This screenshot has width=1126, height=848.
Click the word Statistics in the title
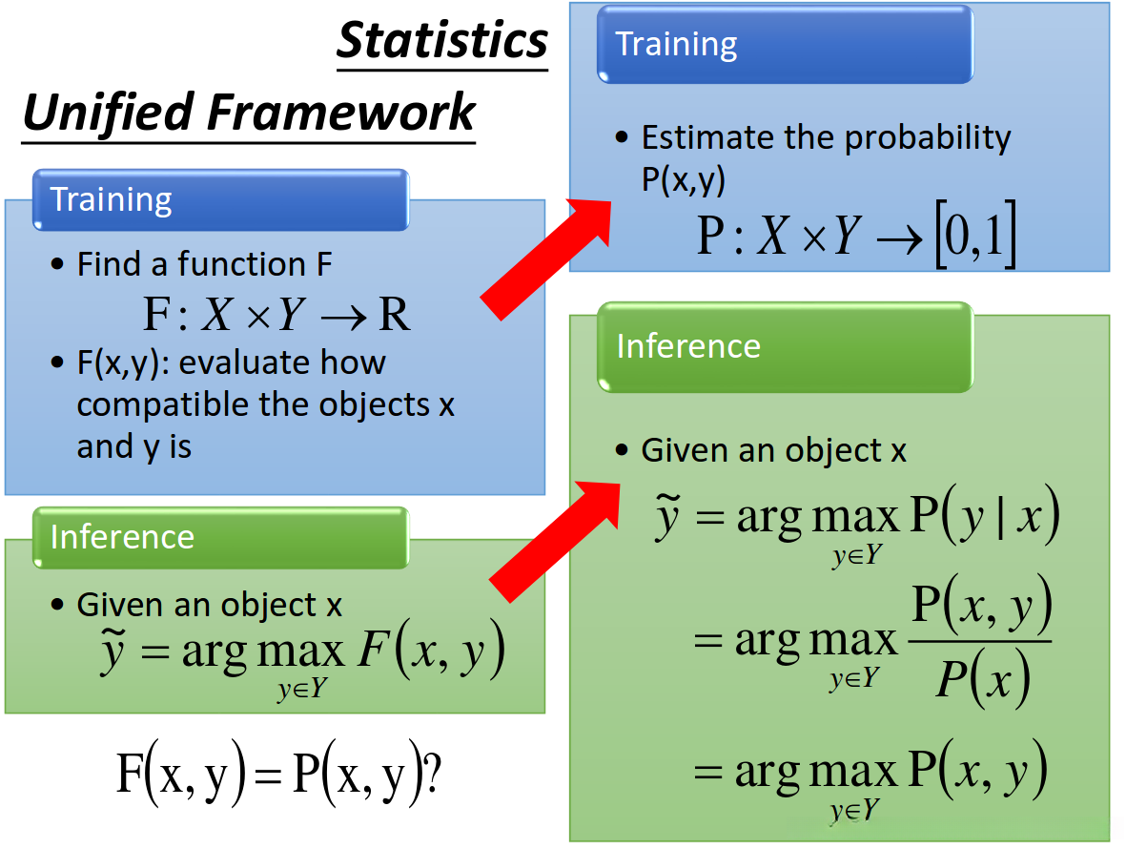point(442,40)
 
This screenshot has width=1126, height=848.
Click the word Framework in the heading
point(341,113)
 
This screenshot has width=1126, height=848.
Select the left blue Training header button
point(220,199)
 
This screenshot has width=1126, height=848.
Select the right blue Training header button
point(785,45)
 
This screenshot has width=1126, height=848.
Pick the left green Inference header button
point(220,538)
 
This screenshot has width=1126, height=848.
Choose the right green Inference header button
point(785,347)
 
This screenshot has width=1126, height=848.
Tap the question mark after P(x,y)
point(432,774)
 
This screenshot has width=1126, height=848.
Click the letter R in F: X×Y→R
point(395,314)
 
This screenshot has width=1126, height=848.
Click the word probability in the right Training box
point(928,138)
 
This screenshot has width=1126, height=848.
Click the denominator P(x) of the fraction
point(982,678)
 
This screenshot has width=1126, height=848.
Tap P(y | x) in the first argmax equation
point(985,514)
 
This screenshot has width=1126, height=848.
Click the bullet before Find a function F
point(57,264)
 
